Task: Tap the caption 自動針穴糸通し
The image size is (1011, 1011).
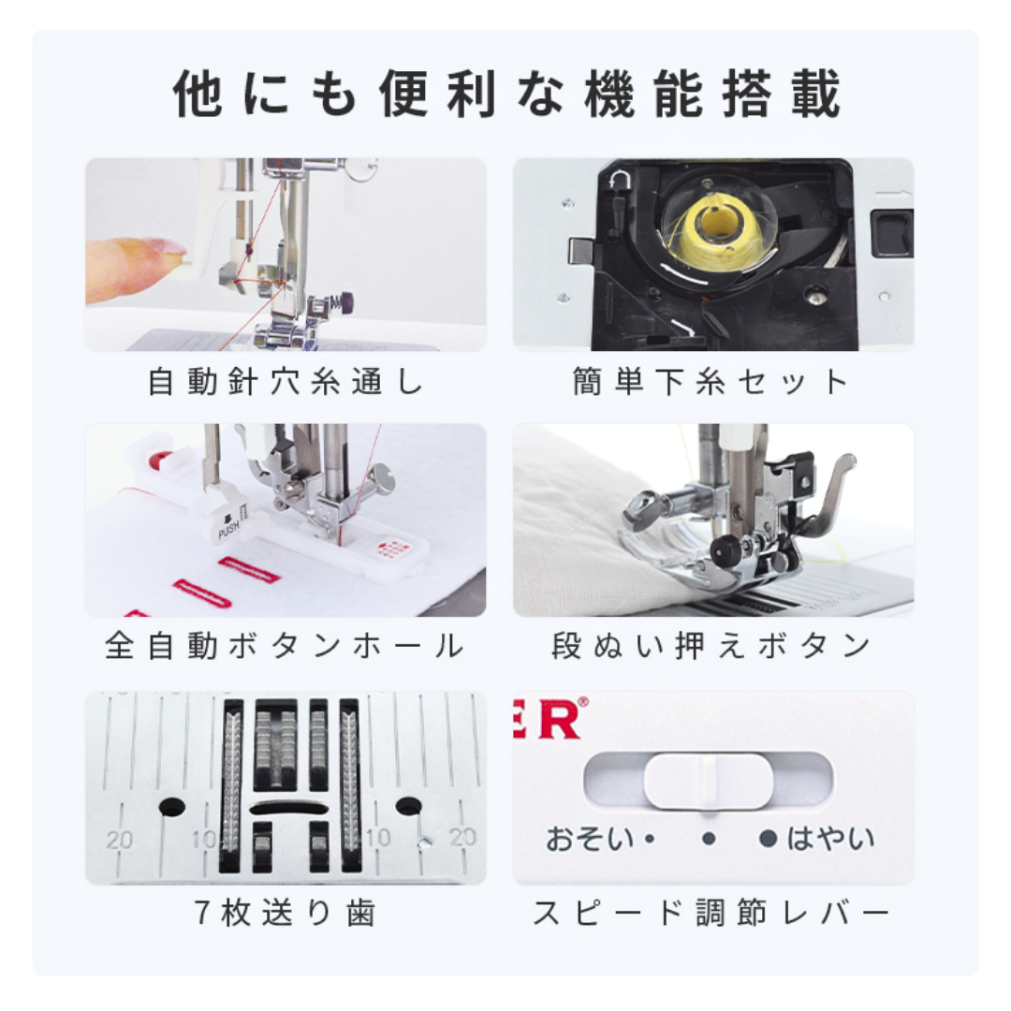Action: pyautogui.click(x=286, y=383)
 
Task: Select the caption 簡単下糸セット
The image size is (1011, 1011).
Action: pyautogui.click(x=712, y=383)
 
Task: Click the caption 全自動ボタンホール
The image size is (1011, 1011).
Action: pyautogui.click(x=286, y=647)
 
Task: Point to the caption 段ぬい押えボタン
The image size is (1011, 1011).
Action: pyautogui.click(x=712, y=647)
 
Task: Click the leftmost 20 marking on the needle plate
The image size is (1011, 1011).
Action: pyautogui.click(x=119, y=840)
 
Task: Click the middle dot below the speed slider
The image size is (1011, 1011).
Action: pyautogui.click(x=709, y=839)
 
